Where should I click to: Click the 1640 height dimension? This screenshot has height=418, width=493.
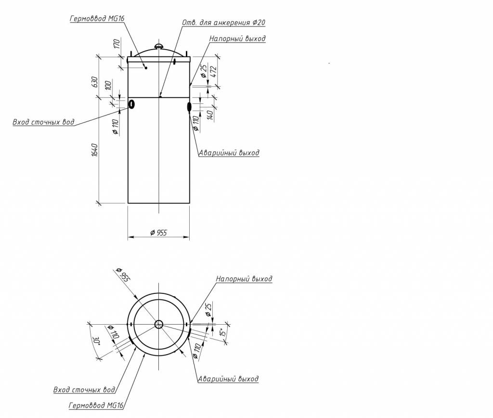click(x=95, y=150)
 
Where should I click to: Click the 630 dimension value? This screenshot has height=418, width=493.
click(x=95, y=82)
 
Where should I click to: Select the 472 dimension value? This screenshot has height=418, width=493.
click(x=213, y=72)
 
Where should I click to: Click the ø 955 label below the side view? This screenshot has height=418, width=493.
click(x=158, y=232)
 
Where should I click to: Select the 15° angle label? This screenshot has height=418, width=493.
click(x=222, y=332)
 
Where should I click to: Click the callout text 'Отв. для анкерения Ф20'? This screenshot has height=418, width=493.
click(x=223, y=23)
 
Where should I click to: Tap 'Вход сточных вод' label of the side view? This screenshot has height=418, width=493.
click(x=43, y=122)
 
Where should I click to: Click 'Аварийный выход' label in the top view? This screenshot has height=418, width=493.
click(x=228, y=379)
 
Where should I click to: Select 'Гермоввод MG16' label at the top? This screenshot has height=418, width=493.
click(x=97, y=19)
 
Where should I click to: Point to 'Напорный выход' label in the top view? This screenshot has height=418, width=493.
click(x=244, y=279)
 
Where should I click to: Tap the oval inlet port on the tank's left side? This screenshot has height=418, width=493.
click(x=131, y=104)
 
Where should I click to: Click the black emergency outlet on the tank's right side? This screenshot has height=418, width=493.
click(x=189, y=107)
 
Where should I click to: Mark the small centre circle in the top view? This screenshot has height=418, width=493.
click(x=159, y=324)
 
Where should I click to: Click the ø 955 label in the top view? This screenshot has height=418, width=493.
click(x=123, y=275)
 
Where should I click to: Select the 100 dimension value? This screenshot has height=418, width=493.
click(x=108, y=86)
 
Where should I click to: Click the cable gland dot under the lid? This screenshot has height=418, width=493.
click(x=146, y=68)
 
